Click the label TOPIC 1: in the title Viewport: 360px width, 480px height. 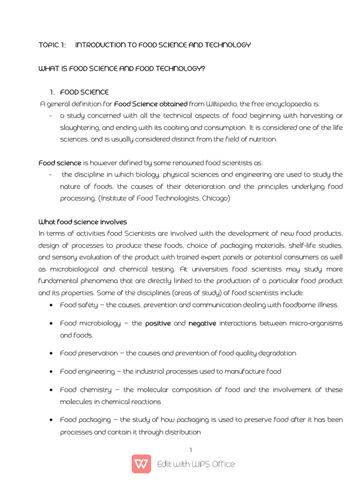[52, 45]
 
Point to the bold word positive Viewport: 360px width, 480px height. [158, 323]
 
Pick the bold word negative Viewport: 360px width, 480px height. [202, 323]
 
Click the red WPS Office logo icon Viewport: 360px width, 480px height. [141, 464]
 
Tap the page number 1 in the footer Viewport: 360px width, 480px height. [191, 450]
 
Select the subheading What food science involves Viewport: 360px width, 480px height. [82, 222]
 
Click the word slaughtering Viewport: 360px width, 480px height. [79, 127]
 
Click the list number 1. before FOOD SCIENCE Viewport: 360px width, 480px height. [52, 92]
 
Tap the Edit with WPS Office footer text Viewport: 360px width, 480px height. [196, 464]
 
